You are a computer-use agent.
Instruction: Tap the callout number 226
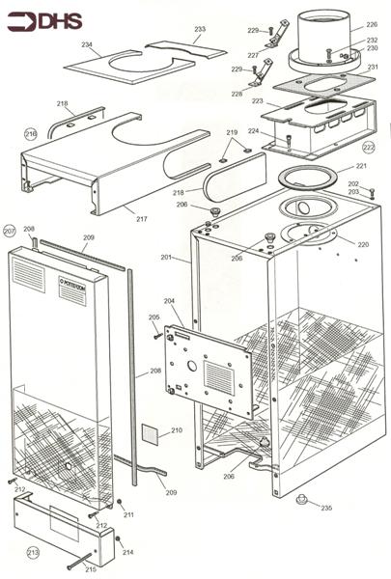(372, 25)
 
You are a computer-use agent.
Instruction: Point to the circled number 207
(10, 232)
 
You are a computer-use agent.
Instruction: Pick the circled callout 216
(31, 134)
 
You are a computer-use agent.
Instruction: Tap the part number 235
(326, 508)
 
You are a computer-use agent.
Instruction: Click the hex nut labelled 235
(300, 500)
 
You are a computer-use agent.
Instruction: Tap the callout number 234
(87, 45)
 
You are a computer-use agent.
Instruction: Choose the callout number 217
(142, 219)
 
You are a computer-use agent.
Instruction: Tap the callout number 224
(254, 131)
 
